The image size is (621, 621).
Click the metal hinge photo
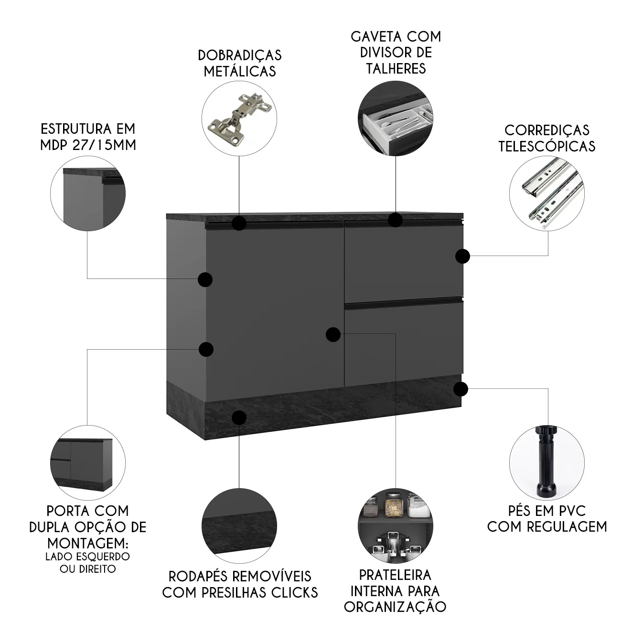239,118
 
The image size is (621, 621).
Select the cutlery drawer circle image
396,118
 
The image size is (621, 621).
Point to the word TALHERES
396,68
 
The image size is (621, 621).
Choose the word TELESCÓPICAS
547,146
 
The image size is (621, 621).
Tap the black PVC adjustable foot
547,464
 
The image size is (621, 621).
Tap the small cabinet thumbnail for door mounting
87,464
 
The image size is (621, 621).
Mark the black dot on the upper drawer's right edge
462,257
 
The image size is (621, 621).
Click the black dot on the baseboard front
239,417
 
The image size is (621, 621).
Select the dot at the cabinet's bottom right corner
460,389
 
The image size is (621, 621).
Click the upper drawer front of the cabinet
404,262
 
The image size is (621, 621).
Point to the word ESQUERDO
103,557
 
